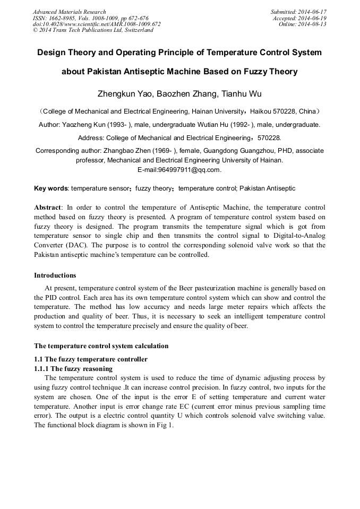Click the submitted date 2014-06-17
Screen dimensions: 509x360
(x=313, y=12)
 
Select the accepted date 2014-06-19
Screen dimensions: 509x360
(x=313, y=18)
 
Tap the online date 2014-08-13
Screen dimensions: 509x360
(x=313, y=24)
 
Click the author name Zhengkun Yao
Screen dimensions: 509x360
(x=123, y=94)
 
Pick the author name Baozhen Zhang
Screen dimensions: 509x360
(x=183, y=94)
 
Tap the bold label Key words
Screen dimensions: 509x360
(x=50, y=188)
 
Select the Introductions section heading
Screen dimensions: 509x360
(x=55, y=275)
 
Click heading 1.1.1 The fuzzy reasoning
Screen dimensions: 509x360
(x=73, y=369)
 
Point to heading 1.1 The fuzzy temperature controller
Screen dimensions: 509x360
(x=90, y=359)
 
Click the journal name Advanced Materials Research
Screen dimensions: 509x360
(x=69, y=12)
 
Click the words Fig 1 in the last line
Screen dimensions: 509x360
(x=162, y=426)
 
